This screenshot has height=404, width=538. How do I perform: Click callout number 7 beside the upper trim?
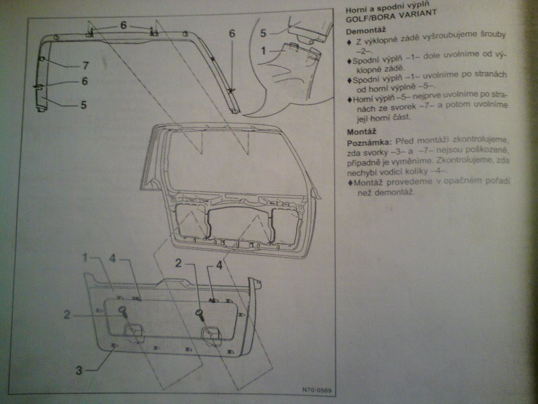(86, 66)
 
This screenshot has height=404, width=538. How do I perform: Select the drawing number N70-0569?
(316, 390)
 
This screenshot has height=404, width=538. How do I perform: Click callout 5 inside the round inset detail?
(263, 32)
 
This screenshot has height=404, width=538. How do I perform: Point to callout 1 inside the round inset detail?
(263, 50)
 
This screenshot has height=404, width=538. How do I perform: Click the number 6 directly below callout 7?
(85, 81)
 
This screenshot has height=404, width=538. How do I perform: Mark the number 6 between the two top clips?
(124, 25)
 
